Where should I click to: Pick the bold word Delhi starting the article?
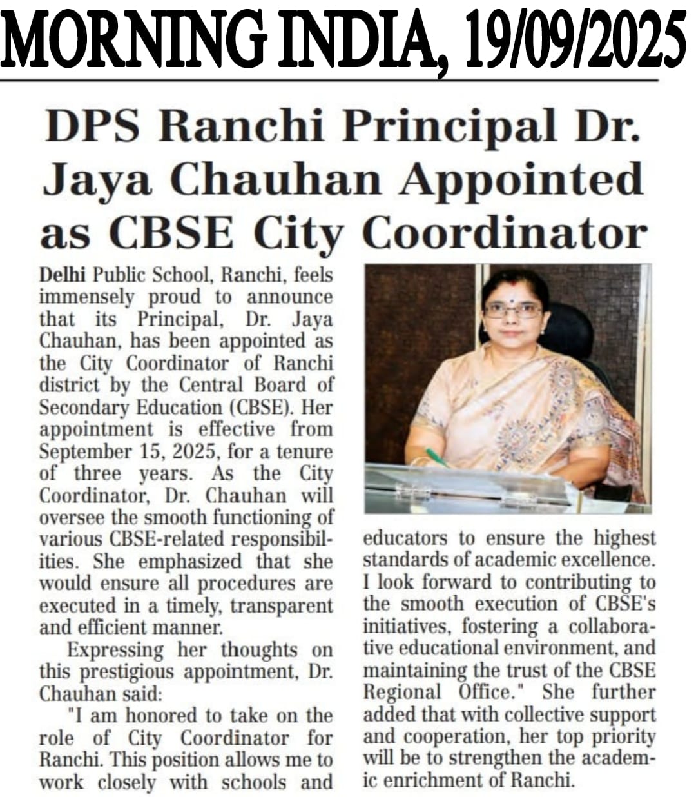pos(63,275)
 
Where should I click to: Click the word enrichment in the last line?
pos(443,781)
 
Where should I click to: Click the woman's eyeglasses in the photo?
pos(512,310)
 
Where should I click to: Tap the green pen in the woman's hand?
pos(438,457)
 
